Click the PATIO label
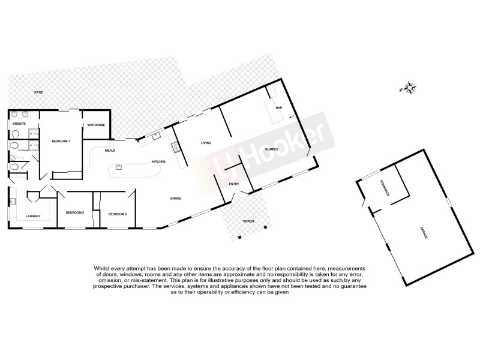39,93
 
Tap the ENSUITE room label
19,123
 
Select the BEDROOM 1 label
61,141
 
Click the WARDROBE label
96,125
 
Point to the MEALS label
110,151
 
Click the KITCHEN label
158,162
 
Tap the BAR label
278,108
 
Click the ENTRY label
234,184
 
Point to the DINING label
176,198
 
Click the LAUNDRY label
32,217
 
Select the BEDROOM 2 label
75,213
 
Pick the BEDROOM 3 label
118,214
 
